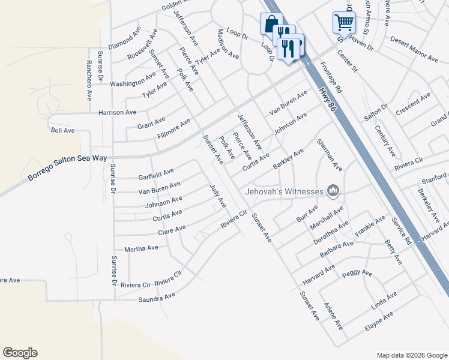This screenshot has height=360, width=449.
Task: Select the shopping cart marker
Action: click(x=344, y=22)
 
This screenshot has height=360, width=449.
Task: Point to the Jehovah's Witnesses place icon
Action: click(x=333, y=191)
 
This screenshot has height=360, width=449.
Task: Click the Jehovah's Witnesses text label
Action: click(x=284, y=192)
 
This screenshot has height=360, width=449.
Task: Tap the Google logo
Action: click(x=20, y=353)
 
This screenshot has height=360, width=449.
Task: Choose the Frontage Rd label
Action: click(x=331, y=78)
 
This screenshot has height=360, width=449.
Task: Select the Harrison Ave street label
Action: click(x=117, y=112)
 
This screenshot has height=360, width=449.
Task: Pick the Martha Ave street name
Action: click(x=141, y=248)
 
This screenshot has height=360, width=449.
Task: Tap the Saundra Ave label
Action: click(x=157, y=296)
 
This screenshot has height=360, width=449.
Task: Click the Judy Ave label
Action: click(x=217, y=196)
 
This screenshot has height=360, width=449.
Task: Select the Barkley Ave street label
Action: click(x=289, y=160)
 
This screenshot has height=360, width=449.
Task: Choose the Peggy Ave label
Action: click(x=357, y=274)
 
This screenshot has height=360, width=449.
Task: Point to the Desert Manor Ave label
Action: click(x=414, y=49)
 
